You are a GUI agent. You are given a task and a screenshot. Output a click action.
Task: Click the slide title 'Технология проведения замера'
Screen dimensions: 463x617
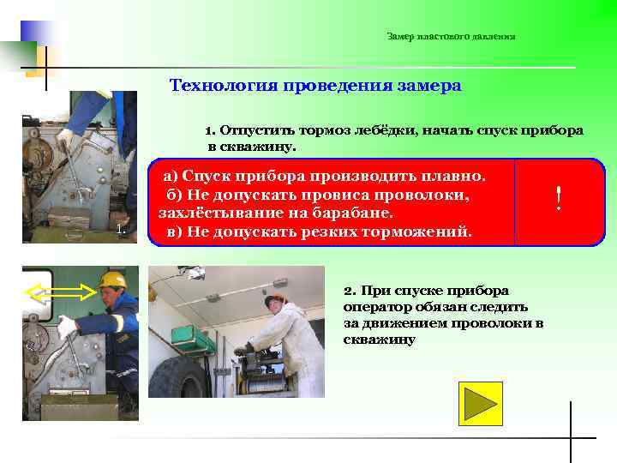point(315,86)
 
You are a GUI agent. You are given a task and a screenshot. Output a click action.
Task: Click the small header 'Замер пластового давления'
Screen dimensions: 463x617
point(451,36)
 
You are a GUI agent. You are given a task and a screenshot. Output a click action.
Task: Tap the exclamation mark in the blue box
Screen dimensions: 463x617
point(559,201)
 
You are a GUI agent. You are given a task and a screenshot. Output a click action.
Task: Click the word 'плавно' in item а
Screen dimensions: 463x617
point(453,176)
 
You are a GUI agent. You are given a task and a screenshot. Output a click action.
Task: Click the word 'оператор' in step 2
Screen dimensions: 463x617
point(377,306)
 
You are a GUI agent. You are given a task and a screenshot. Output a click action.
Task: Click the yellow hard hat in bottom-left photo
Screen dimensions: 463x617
point(112,280)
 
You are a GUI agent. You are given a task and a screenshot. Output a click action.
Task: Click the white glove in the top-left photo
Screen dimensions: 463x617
point(65,136)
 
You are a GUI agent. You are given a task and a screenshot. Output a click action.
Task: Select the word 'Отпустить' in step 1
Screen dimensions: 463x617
point(254,130)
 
